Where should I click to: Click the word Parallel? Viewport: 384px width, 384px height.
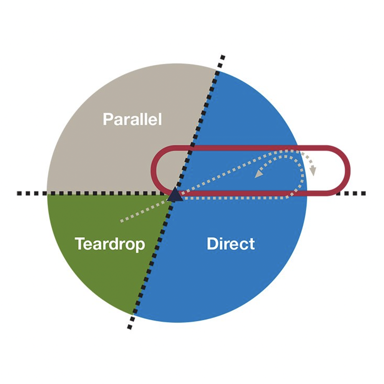(132, 119)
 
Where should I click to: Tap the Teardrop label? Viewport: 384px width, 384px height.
(110, 244)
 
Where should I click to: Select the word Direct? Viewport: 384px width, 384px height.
(231, 244)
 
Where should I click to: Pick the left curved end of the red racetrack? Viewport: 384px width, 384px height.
(154, 170)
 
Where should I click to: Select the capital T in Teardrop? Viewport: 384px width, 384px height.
(80, 244)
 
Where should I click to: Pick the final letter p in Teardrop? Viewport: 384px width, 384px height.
(140, 246)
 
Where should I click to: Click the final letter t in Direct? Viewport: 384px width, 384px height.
(252, 244)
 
